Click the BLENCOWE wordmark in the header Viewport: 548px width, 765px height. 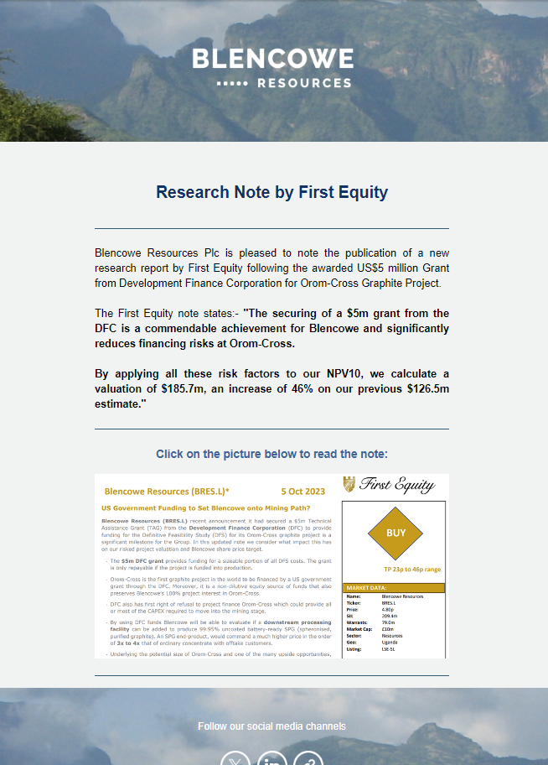[273, 60]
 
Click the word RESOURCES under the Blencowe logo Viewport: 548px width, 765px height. [304, 83]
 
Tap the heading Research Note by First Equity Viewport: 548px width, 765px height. [272, 192]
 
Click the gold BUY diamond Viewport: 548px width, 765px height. [395, 533]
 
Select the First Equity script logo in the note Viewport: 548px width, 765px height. [390, 485]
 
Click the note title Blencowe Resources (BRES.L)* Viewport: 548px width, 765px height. [167, 491]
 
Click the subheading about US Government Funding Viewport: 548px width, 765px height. [205, 507]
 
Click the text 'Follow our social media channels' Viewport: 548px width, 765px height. [271, 726]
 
